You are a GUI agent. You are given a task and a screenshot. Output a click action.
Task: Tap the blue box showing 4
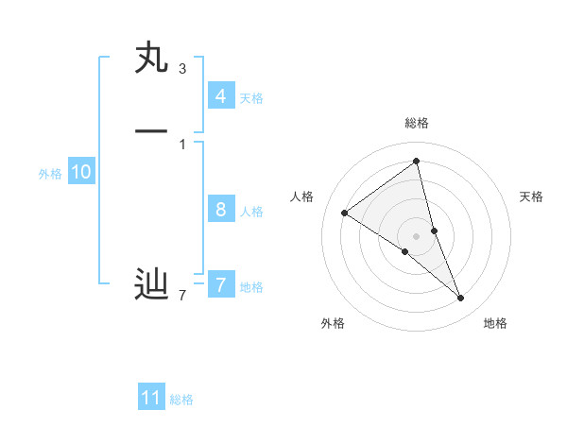220,96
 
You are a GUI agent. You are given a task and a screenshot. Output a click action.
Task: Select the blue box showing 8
220,210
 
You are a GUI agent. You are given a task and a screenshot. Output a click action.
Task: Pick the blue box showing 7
220,284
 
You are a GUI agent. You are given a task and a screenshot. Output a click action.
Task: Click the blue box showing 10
81,172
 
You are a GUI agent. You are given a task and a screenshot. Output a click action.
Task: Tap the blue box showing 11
151,398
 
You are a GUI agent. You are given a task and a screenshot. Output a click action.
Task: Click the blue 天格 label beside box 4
251,98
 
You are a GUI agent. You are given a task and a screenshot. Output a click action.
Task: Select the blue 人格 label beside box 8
251,212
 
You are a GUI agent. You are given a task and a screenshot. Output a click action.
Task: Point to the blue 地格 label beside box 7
251,287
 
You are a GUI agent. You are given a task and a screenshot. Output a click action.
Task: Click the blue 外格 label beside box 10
50,174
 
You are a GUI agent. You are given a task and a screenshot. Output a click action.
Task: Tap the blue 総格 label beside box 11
181,400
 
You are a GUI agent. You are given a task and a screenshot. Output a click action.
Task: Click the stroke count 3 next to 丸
182,68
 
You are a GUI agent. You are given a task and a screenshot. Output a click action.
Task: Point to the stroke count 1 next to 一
182,144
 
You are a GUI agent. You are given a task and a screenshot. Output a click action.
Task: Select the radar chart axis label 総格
417,123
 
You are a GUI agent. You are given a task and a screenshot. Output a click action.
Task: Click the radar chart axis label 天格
532,196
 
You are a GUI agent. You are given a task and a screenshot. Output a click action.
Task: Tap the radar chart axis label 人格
302,196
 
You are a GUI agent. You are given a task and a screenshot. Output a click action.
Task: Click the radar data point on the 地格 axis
461,299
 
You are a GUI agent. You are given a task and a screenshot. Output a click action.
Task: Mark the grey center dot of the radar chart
417,235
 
